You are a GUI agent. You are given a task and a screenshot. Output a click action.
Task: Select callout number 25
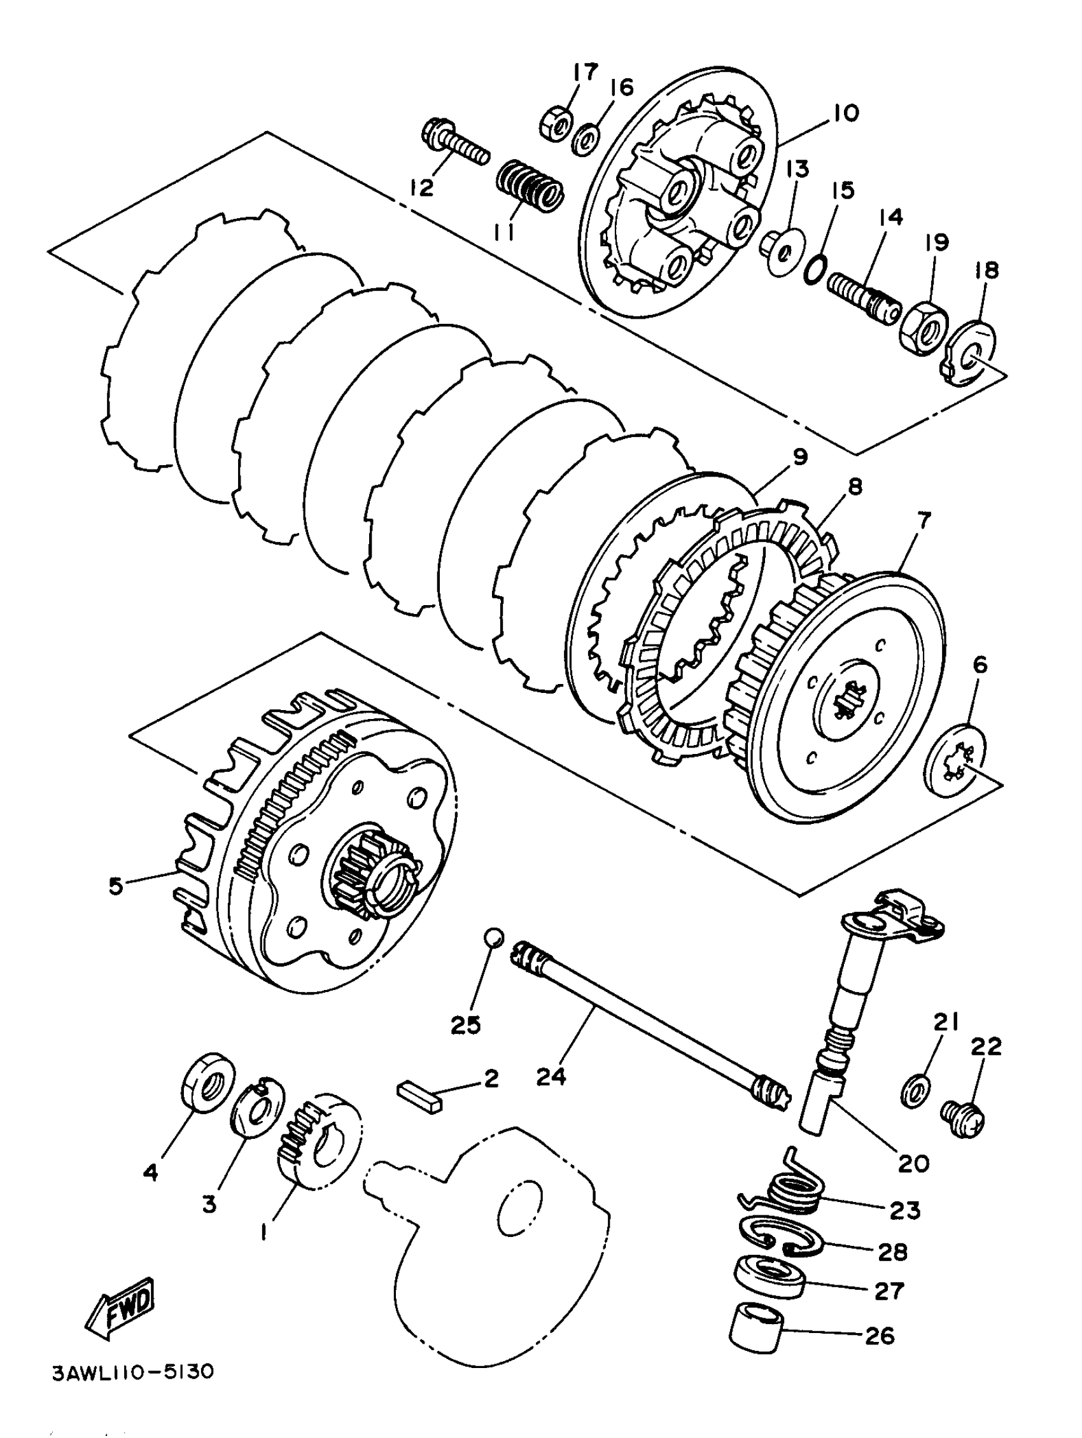point(465,1024)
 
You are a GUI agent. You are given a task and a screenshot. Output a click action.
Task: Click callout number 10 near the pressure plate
point(845,113)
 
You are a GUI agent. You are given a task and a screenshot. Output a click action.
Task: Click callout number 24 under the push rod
point(551,1077)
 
